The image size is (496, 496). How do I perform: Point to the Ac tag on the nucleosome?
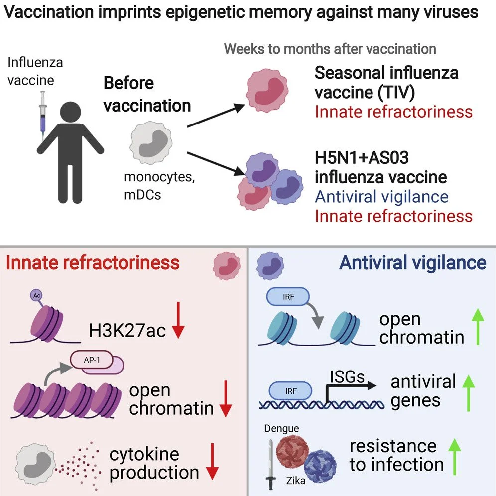(x=37, y=295)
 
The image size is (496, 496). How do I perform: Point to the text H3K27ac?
(x=127, y=329)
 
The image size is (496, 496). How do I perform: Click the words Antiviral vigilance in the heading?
(x=413, y=262)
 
